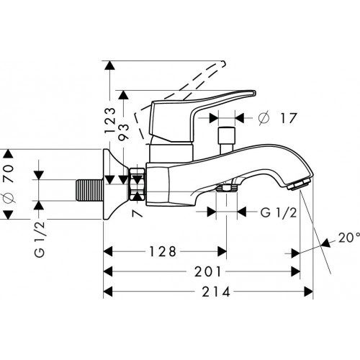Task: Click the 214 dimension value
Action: (216, 292)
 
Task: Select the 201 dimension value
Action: (207, 272)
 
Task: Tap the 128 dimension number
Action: (163, 252)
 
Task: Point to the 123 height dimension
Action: (110, 120)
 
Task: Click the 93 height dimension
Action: (124, 131)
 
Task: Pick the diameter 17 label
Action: (277, 118)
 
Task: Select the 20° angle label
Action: (349, 238)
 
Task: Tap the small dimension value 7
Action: (138, 213)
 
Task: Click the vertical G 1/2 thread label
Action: (40, 239)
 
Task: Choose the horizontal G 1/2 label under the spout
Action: (279, 212)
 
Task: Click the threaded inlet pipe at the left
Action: (90, 190)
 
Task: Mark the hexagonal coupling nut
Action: (138, 184)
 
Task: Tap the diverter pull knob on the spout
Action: (226, 140)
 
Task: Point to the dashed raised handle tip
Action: (222, 64)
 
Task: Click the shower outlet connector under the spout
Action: (226, 188)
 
